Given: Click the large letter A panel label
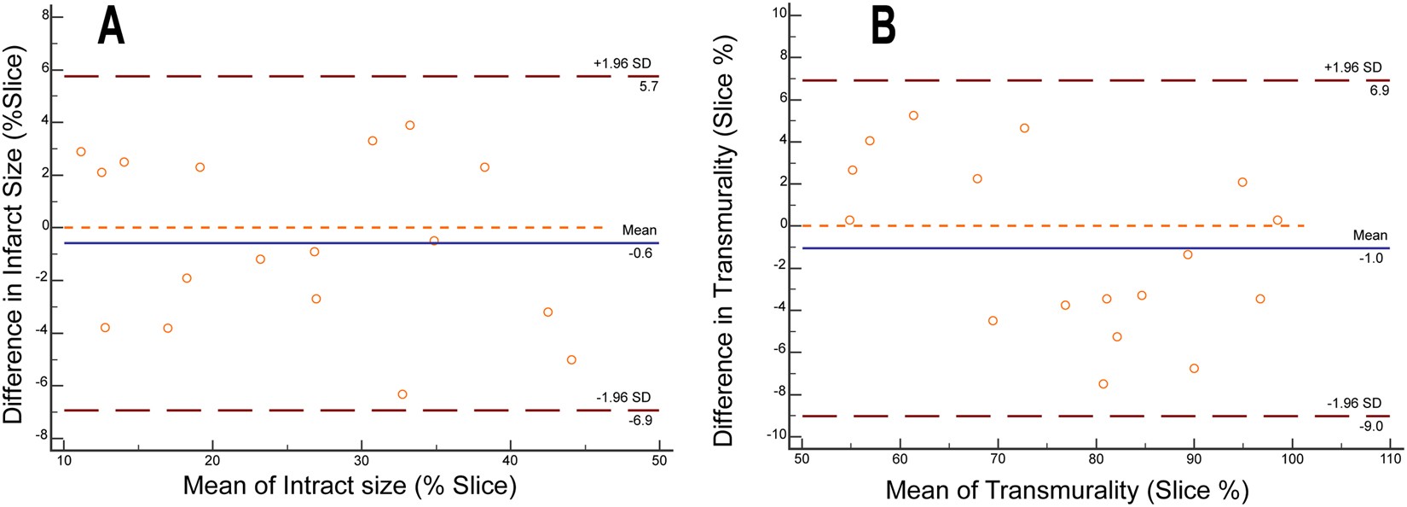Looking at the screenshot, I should pyautogui.click(x=111, y=26).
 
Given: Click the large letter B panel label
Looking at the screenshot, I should pyautogui.click(x=883, y=26).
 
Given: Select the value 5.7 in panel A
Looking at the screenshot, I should pyautogui.click(x=648, y=87).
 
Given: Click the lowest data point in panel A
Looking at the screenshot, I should pyautogui.click(x=402, y=394).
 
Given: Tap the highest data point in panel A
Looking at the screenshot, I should pyautogui.click(x=409, y=125).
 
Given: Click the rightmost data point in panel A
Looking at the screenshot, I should pyautogui.click(x=571, y=360).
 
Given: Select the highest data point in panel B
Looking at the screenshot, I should pyautogui.click(x=913, y=115).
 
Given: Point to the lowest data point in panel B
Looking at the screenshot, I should pyautogui.click(x=1103, y=384).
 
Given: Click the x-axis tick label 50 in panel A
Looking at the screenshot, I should pyautogui.click(x=659, y=462).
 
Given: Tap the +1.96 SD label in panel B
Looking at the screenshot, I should pyautogui.click(x=1354, y=67).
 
